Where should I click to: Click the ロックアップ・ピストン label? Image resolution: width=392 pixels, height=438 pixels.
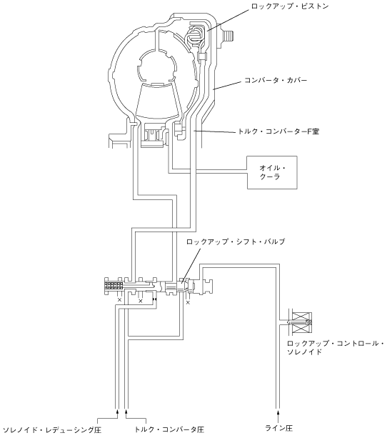(290, 6)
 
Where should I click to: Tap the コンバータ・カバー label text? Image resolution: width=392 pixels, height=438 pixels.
(276, 80)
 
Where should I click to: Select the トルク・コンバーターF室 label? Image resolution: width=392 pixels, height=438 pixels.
(278, 131)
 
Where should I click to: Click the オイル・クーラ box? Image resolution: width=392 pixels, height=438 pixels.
(272, 172)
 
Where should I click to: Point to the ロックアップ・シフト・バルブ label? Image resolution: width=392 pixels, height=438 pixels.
(236, 242)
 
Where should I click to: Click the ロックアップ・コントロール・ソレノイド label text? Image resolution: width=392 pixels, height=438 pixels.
(336, 347)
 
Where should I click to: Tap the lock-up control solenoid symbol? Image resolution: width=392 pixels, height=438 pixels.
(299, 322)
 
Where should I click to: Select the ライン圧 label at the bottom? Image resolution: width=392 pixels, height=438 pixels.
(278, 428)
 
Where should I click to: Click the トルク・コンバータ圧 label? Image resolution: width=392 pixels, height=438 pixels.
(169, 429)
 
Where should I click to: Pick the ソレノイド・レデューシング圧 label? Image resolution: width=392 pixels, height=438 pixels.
(52, 429)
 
